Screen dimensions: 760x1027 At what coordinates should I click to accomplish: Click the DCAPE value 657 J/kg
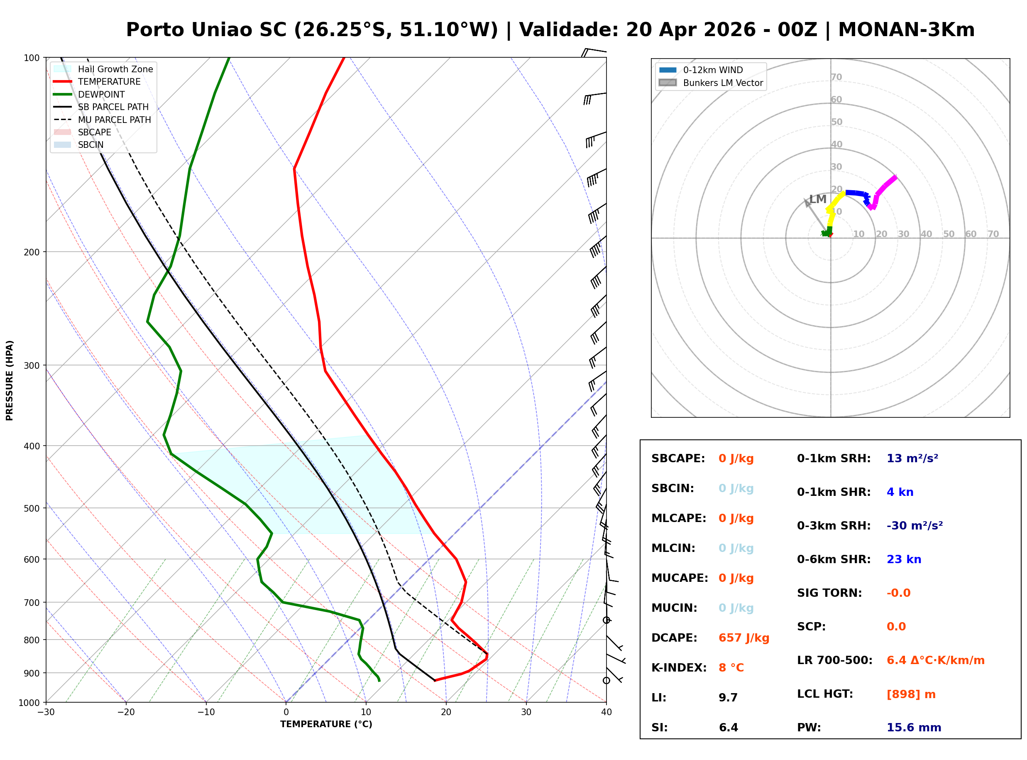coord(743,637)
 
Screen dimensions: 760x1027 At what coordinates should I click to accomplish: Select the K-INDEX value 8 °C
coord(731,667)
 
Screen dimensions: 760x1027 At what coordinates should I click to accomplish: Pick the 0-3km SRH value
coord(915,525)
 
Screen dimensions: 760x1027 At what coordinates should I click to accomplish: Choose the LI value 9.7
coord(728,697)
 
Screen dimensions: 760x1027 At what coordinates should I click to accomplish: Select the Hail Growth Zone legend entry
coord(115,69)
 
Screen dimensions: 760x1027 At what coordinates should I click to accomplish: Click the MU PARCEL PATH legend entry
coord(114,120)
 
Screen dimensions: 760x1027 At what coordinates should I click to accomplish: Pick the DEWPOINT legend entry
coord(101,94)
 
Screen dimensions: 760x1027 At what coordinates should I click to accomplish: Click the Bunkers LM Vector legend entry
coord(723,83)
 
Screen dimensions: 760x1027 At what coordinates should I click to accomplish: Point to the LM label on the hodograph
coord(817,199)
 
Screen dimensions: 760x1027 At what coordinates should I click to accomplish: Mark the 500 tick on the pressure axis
coord(32,508)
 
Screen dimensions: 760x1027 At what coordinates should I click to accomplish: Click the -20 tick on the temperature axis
coord(125,712)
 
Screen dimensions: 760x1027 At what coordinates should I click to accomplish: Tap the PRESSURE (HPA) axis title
coord(10,380)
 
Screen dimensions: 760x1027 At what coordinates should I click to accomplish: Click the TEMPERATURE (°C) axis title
coord(326,724)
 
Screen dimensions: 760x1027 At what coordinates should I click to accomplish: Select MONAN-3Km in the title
coord(906,30)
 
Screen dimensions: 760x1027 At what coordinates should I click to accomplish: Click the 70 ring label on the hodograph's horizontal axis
coord(993,234)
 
